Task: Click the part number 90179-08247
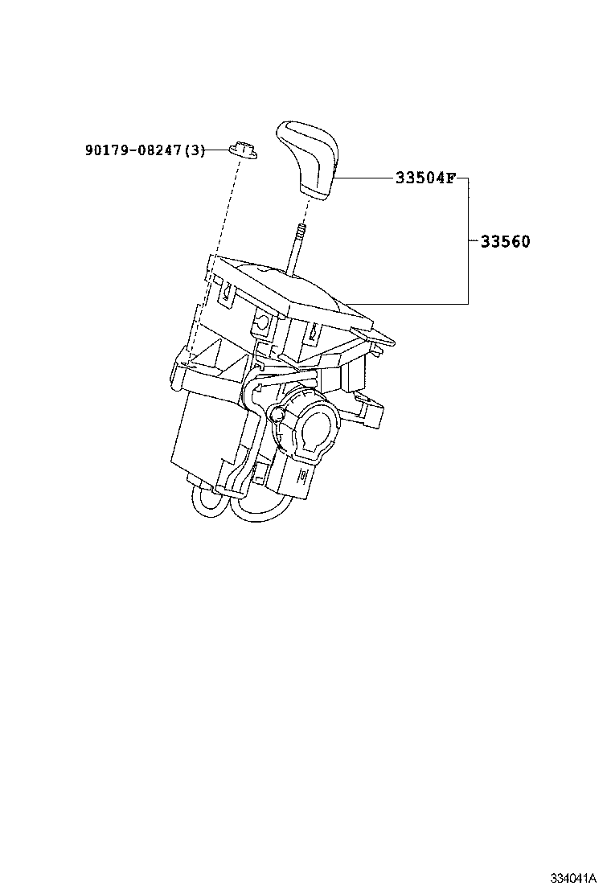pos(133,150)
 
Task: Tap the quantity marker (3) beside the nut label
pos(195,150)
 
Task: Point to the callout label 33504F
pos(424,178)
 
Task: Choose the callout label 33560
pos(505,241)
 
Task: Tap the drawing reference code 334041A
pos(573,876)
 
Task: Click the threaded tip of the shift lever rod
pos(300,232)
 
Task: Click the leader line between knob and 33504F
pos(362,178)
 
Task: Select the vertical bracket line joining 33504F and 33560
pos(469,241)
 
